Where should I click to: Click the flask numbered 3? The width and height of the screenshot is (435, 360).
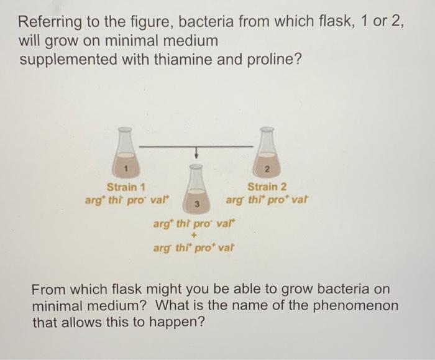tap(196, 189)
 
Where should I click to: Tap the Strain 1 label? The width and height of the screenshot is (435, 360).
tap(126, 187)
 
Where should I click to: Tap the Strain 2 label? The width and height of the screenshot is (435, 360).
tap(267, 187)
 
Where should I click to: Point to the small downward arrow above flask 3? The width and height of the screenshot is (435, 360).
tap(196, 152)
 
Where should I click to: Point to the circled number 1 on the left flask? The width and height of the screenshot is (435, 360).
tap(126, 168)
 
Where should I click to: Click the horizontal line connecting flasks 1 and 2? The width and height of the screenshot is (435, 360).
tap(196, 147)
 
